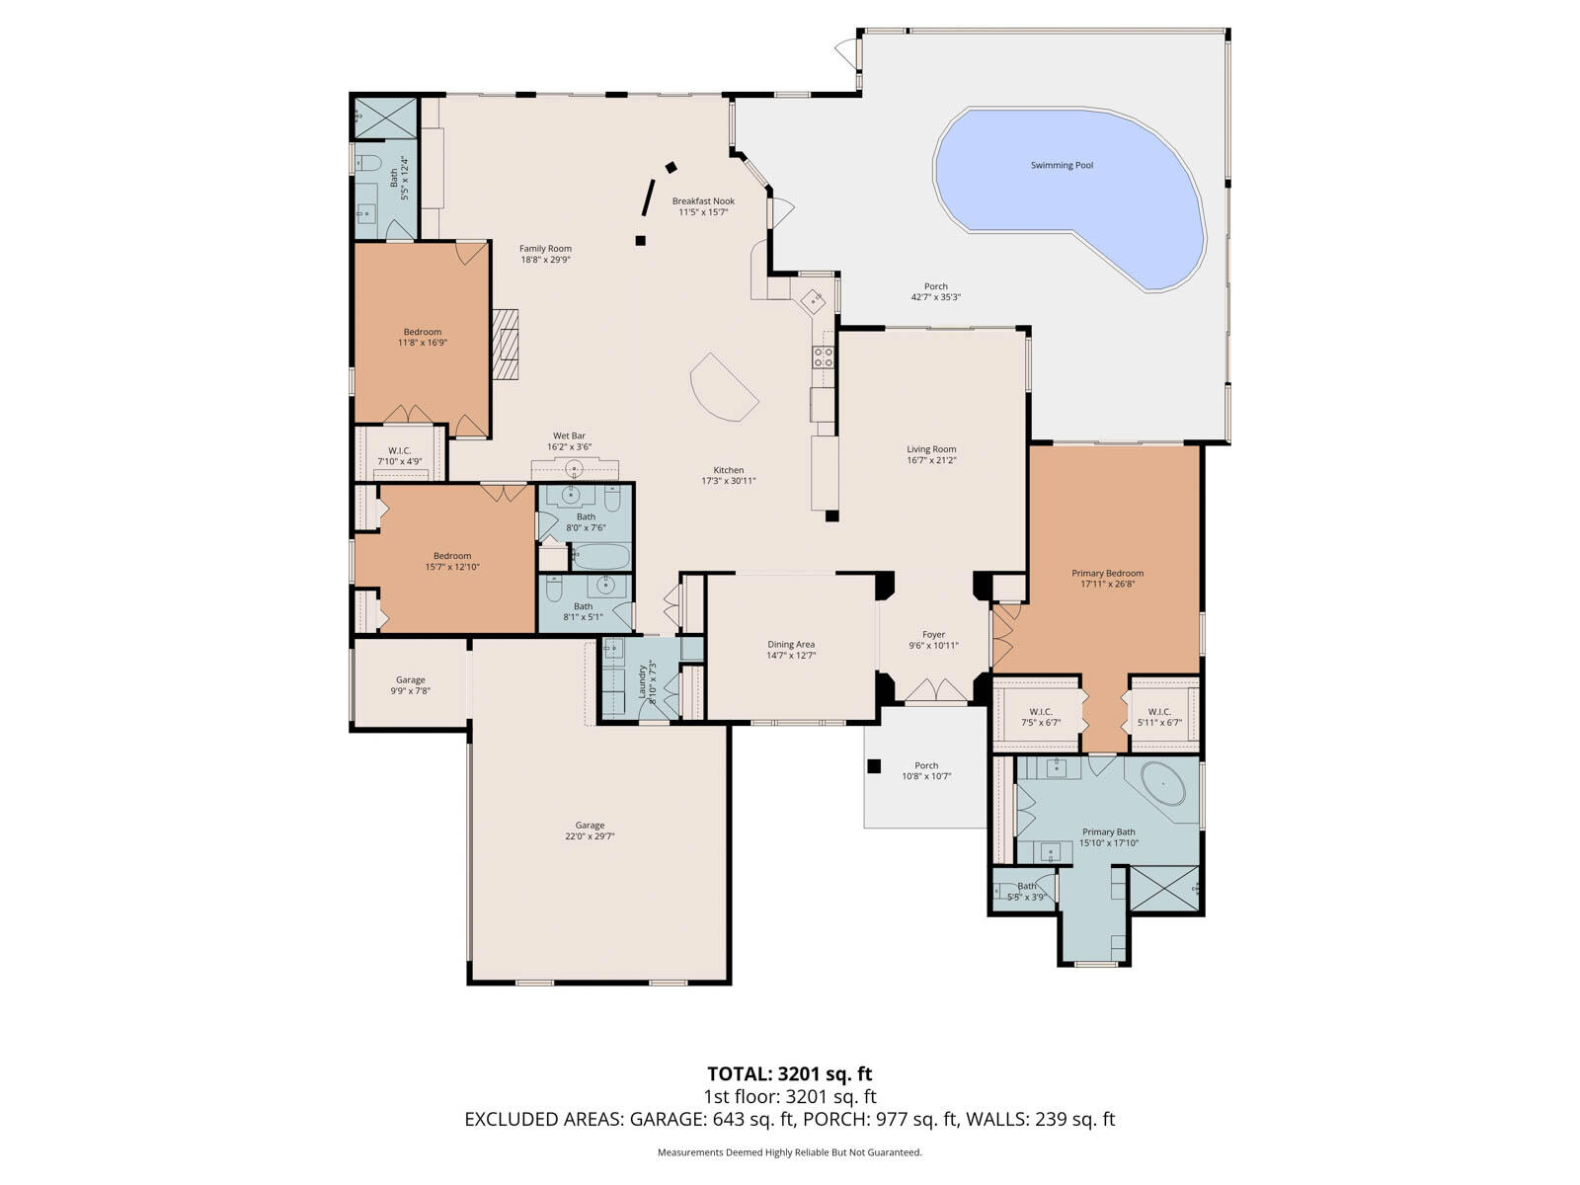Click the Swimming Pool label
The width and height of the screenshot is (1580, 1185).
point(1062,166)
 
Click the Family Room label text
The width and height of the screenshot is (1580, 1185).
point(546,249)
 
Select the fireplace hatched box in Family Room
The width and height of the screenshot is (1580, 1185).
point(506,344)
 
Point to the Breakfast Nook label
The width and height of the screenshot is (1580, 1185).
point(703,201)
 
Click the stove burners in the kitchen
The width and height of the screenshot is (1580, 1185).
point(823,356)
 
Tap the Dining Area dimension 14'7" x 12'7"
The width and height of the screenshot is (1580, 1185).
point(791,656)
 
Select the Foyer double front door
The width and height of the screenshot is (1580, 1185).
point(935,690)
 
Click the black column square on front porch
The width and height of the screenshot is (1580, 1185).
point(873,765)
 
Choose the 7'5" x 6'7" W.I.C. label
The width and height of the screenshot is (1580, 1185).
point(1040,723)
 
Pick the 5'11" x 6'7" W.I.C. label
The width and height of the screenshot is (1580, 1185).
point(1159,723)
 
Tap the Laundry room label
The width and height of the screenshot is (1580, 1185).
point(643,680)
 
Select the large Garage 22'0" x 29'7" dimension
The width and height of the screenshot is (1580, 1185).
point(590,836)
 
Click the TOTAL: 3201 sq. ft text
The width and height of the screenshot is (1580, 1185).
point(789,1073)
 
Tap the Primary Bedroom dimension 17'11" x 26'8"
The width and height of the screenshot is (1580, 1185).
point(1107,585)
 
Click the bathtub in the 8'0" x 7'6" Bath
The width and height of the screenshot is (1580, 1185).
point(600,557)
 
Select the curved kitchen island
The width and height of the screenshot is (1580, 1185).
point(722,387)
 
